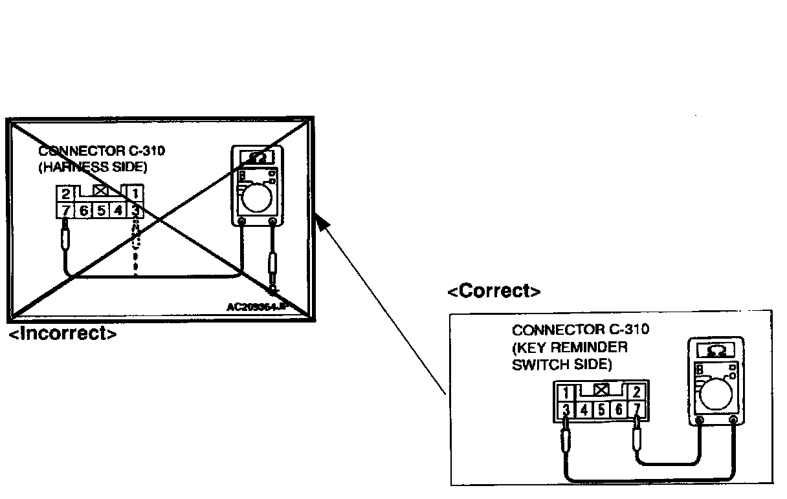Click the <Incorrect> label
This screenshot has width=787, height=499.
click(63, 334)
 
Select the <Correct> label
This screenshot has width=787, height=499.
click(494, 292)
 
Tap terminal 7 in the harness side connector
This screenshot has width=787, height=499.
click(66, 210)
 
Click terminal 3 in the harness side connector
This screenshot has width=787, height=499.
click(135, 210)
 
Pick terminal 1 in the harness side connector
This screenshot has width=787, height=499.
click(135, 193)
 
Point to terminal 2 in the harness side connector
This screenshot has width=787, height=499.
click(66, 193)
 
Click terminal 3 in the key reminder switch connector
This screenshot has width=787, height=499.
click(566, 409)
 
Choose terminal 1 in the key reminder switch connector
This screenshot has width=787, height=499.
click(566, 392)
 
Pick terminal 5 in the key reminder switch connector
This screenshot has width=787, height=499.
click(601, 409)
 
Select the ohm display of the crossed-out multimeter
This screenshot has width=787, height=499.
click(256, 157)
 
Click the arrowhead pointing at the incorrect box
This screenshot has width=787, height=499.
click(322, 224)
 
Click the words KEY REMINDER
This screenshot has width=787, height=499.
click(570, 347)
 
